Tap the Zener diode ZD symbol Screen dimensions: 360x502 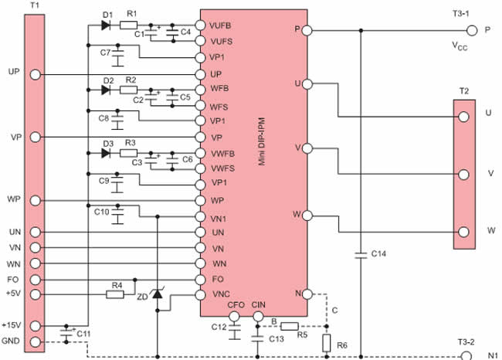click(158, 294)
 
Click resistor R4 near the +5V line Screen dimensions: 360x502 click(117, 294)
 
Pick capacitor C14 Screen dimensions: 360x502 click(361, 253)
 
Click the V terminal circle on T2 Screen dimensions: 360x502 click(463, 174)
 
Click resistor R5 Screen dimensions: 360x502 click(290, 325)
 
